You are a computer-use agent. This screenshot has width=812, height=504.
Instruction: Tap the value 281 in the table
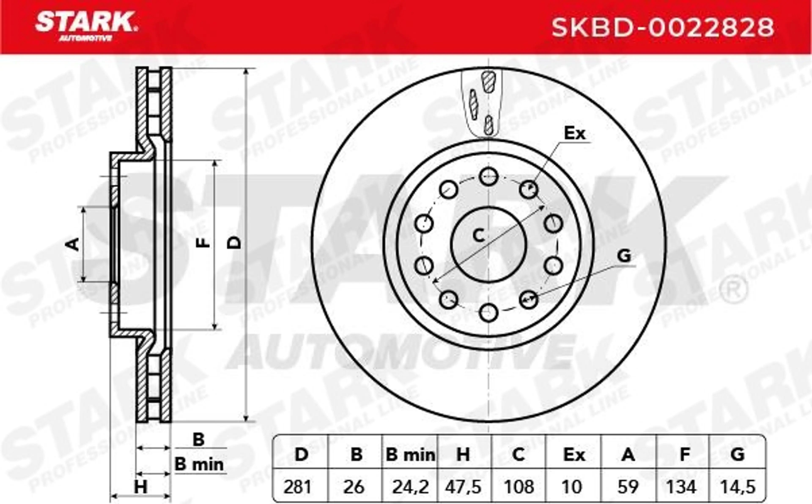(297, 487)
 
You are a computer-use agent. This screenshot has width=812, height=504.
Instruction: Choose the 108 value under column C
(519, 487)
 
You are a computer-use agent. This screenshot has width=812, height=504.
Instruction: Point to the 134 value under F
(681, 487)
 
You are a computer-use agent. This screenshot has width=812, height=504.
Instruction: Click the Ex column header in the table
(574, 455)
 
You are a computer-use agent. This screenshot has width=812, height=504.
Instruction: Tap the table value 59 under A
(628, 487)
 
